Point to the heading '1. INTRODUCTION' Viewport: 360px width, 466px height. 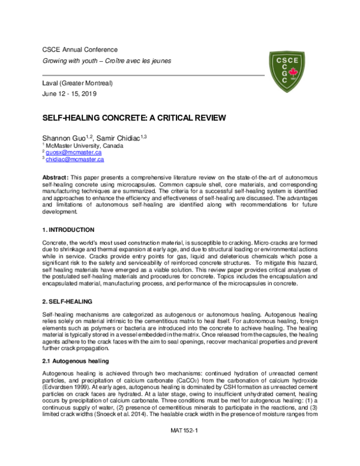(x=68, y=230)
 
